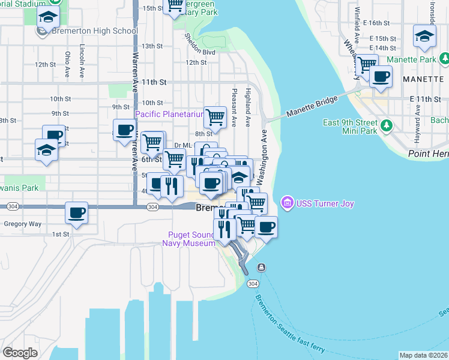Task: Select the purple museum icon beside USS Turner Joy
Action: [287, 203]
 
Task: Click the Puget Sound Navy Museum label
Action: [188, 239]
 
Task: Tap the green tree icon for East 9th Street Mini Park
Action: [387, 125]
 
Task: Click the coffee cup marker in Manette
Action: [381, 77]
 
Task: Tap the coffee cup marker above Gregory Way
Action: [77, 212]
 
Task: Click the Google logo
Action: [20, 352]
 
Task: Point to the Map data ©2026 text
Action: [423, 355]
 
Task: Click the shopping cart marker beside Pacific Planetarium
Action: [215, 116]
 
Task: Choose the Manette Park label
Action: [411, 60]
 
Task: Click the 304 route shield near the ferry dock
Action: [253, 283]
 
